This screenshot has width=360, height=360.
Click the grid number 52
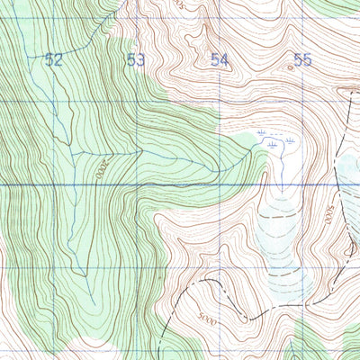pos(54,60)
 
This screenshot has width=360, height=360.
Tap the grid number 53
pos(137,60)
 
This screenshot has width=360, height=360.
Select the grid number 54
pos(220,60)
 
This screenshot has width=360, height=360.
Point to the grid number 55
pos(302,60)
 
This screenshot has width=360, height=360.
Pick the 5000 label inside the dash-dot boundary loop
pos(209,319)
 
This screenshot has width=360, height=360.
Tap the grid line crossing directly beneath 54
pos(221,101)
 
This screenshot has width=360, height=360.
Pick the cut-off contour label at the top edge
pos(179,4)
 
